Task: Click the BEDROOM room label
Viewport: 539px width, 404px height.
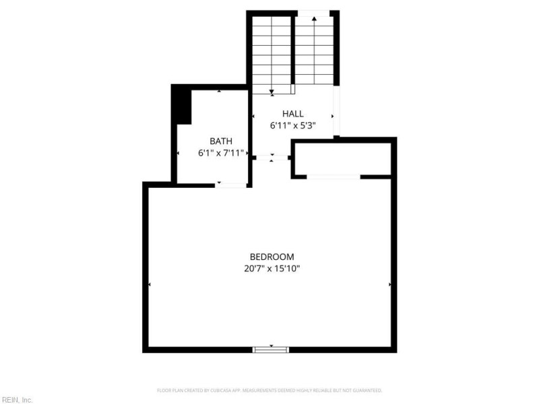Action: click(x=272, y=257)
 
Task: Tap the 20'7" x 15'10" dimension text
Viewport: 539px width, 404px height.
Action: click(x=272, y=269)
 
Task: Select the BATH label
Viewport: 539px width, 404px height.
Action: click(x=221, y=141)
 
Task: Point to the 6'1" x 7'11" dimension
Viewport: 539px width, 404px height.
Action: click(x=221, y=153)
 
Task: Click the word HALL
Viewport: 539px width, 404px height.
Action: click(x=293, y=114)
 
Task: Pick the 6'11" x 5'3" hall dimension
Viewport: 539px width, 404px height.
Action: click(x=293, y=125)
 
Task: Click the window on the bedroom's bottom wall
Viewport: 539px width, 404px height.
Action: click(x=271, y=349)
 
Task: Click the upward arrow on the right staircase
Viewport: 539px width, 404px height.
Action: click(x=314, y=19)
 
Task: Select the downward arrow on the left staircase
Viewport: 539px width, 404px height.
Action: click(x=272, y=92)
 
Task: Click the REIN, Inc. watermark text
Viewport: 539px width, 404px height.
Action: click(x=17, y=399)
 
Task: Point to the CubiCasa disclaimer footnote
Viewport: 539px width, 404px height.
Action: click(x=269, y=391)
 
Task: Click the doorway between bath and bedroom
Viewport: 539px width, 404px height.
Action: click(x=231, y=184)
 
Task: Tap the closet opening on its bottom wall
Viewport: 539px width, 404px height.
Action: click(x=333, y=176)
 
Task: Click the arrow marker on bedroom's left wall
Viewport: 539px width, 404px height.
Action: click(x=149, y=285)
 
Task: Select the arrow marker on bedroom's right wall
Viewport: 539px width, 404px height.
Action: click(x=390, y=285)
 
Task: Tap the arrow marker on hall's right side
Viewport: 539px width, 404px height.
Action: click(x=332, y=116)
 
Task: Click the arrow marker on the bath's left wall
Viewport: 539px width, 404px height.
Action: click(x=178, y=154)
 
